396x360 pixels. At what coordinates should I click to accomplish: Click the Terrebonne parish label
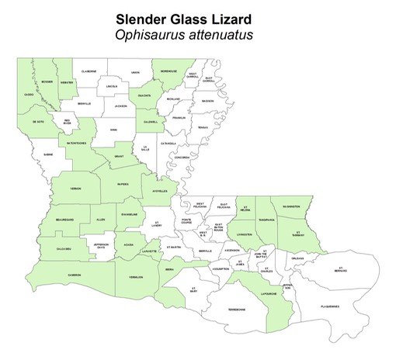coord(236,310)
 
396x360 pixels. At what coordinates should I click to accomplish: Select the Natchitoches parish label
coord(75,144)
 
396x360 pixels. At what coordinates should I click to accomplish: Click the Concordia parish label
coord(181,157)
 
